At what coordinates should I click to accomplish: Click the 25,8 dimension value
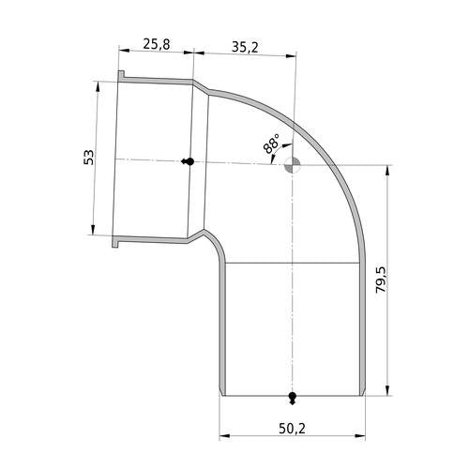pyautogui.click(x=157, y=44)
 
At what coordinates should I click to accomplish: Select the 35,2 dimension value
pyautogui.click(x=245, y=48)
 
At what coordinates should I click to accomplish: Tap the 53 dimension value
pyautogui.click(x=89, y=158)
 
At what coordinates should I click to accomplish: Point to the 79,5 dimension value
pyautogui.click(x=382, y=280)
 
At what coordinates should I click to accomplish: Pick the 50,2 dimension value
pyautogui.click(x=292, y=429)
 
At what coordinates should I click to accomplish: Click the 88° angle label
pyautogui.click(x=271, y=144)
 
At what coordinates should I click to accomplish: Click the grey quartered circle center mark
pyautogui.click(x=292, y=165)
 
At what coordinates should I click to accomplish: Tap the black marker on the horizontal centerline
pyautogui.click(x=188, y=161)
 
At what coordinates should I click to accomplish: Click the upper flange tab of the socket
pyautogui.click(x=121, y=75)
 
